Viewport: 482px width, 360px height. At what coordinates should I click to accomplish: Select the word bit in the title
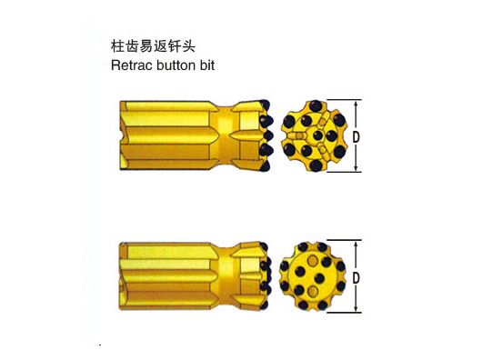pos(205,66)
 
